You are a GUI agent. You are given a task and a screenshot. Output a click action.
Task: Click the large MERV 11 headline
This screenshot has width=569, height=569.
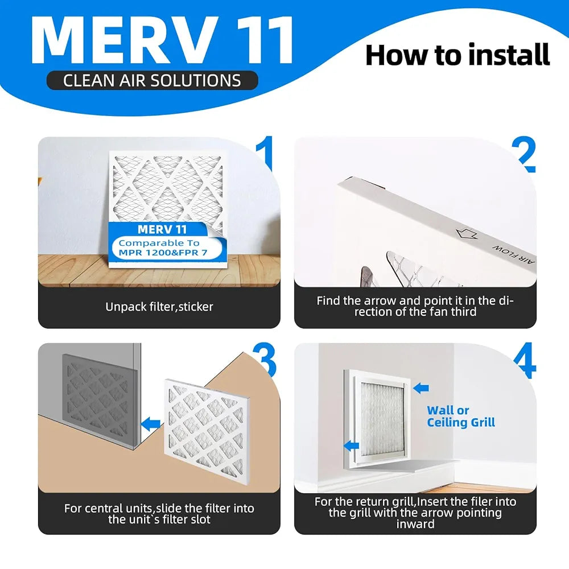click(x=162, y=40)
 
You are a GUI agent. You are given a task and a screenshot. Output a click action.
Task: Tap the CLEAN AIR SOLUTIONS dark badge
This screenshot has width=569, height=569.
click(x=152, y=80)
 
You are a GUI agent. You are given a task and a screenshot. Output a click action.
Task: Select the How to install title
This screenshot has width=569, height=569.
click(x=457, y=55)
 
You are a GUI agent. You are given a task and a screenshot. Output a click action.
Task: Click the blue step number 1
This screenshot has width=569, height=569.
click(x=266, y=152)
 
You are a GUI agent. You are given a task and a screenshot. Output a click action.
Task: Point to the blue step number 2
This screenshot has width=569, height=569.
click(x=524, y=154)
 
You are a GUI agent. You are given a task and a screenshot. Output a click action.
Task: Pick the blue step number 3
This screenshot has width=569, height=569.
click(x=265, y=359)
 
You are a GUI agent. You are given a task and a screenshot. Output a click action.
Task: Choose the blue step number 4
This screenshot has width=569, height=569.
click(x=525, y=360)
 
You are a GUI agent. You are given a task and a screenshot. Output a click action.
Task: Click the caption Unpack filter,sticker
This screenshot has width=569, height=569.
click(x=159, y=307)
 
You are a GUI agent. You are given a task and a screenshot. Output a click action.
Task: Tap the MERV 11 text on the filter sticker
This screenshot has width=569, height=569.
click(x=162, y=229)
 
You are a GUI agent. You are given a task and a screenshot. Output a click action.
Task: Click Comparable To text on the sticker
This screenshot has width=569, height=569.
click(x=159, y=243)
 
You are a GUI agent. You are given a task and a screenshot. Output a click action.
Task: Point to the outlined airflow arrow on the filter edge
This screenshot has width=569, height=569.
click(x=467, y=233)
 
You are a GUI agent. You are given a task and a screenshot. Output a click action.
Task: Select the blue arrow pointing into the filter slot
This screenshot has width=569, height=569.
click(x=150, y=423)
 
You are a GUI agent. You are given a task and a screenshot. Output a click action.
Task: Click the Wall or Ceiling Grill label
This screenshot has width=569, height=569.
click(x=461, y=417)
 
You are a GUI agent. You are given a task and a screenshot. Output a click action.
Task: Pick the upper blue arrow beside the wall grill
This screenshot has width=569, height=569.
click(x=421, y=388)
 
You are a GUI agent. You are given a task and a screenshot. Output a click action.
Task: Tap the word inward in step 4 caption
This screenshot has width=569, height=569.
click(x=415, y=523)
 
